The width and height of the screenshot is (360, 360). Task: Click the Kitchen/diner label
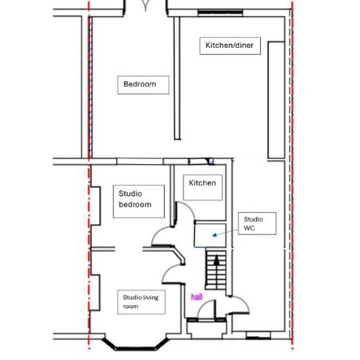pos(229,46)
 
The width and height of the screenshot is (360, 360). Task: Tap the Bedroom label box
pos(139,84)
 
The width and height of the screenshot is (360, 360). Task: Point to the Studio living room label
pos(142,302)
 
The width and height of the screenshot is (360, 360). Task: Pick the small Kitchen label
pos(202,183)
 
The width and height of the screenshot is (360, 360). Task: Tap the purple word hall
pos(197,297)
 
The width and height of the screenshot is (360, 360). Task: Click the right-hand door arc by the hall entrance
pos(238,307)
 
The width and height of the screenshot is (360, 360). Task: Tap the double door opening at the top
pos(146,8)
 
